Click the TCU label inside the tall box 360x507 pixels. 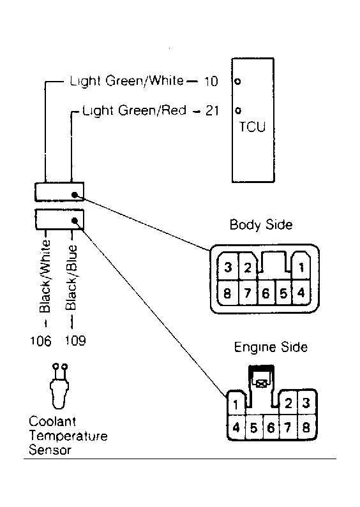252,127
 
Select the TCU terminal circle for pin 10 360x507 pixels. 237,82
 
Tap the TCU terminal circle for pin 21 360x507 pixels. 238,110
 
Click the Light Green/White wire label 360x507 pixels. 126,81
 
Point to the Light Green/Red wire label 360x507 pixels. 134,111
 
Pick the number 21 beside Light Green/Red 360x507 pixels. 212,111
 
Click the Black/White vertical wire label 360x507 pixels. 45,276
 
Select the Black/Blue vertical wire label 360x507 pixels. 71,277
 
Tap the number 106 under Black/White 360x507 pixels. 40,341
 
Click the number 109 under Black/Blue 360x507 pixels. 75,341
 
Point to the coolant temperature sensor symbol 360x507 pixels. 59,386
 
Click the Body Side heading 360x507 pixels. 261,224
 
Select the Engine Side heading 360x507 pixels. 271,348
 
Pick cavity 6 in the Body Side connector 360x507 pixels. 266,293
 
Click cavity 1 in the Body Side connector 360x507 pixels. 301,267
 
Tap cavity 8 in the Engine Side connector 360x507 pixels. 306,427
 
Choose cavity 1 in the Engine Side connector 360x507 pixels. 236,404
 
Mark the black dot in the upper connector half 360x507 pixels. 75,195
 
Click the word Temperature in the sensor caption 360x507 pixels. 68,436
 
